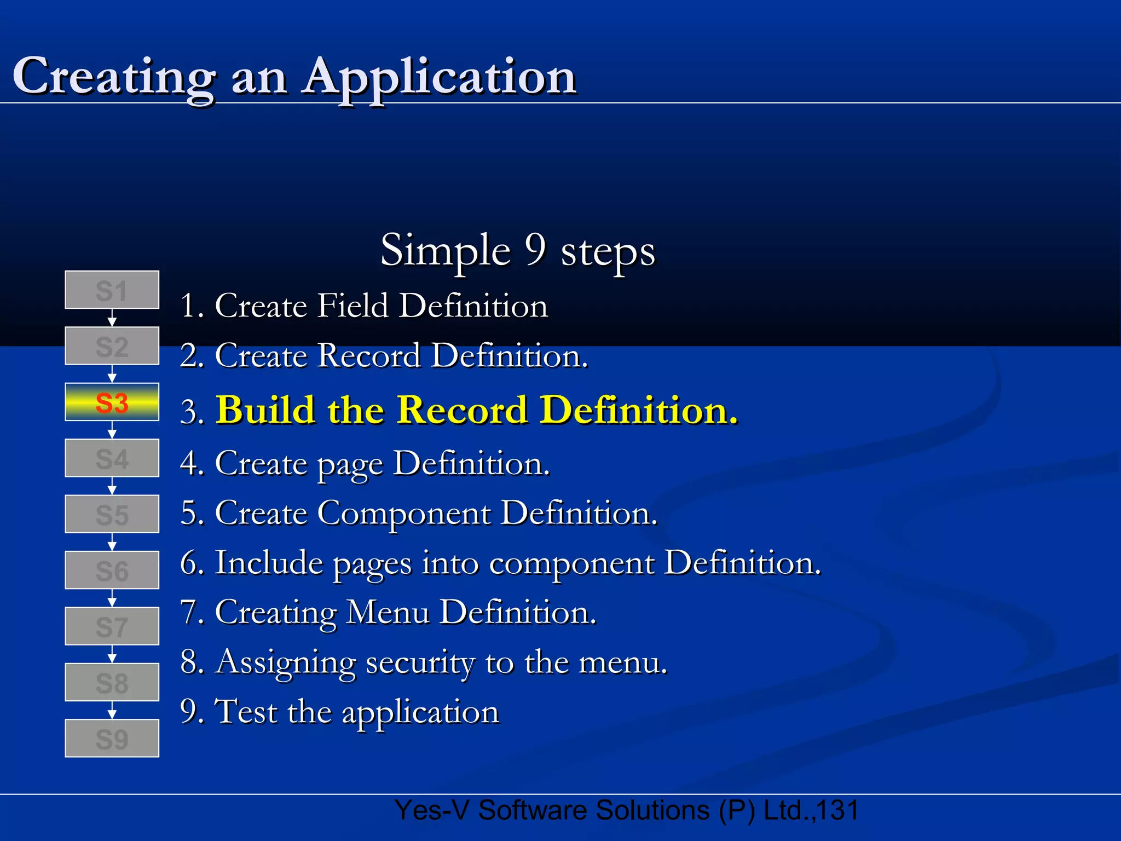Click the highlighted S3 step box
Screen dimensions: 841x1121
pos(112,402)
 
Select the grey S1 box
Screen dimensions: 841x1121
pos(112,290)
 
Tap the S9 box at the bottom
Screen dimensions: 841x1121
pos(112,739)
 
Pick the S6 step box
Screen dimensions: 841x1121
pos(112,571)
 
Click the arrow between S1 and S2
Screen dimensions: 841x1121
pos(112,318)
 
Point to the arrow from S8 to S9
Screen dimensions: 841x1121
pos(112,710)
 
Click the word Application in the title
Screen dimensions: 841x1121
pos(440,77)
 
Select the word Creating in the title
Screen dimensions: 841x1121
pos(114,77)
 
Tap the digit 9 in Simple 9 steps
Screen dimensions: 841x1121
pos(535,249)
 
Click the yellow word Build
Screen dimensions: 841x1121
pos(265,410)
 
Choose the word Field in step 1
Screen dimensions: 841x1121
pos(353,305)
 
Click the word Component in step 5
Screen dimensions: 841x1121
pos(404,514)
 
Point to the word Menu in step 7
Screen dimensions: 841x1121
pos(388,612)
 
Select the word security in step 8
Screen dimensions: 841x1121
pos(420,663)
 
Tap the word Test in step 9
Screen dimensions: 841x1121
pos(246,711)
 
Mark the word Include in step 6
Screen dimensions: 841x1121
pos(269,563)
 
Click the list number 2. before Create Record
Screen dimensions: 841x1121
pos(192,356)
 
